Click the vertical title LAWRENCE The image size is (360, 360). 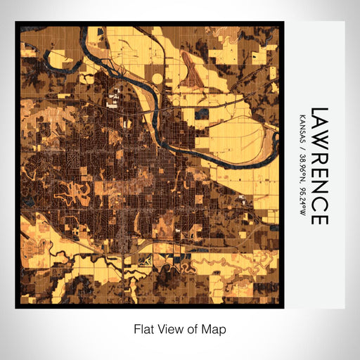[x=319, y=166]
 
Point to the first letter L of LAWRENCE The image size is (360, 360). [x=319, y=112]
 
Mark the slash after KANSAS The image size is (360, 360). [x=302, y=143]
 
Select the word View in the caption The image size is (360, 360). [x=167, y=328]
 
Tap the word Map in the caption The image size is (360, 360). [x=214, y=328]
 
